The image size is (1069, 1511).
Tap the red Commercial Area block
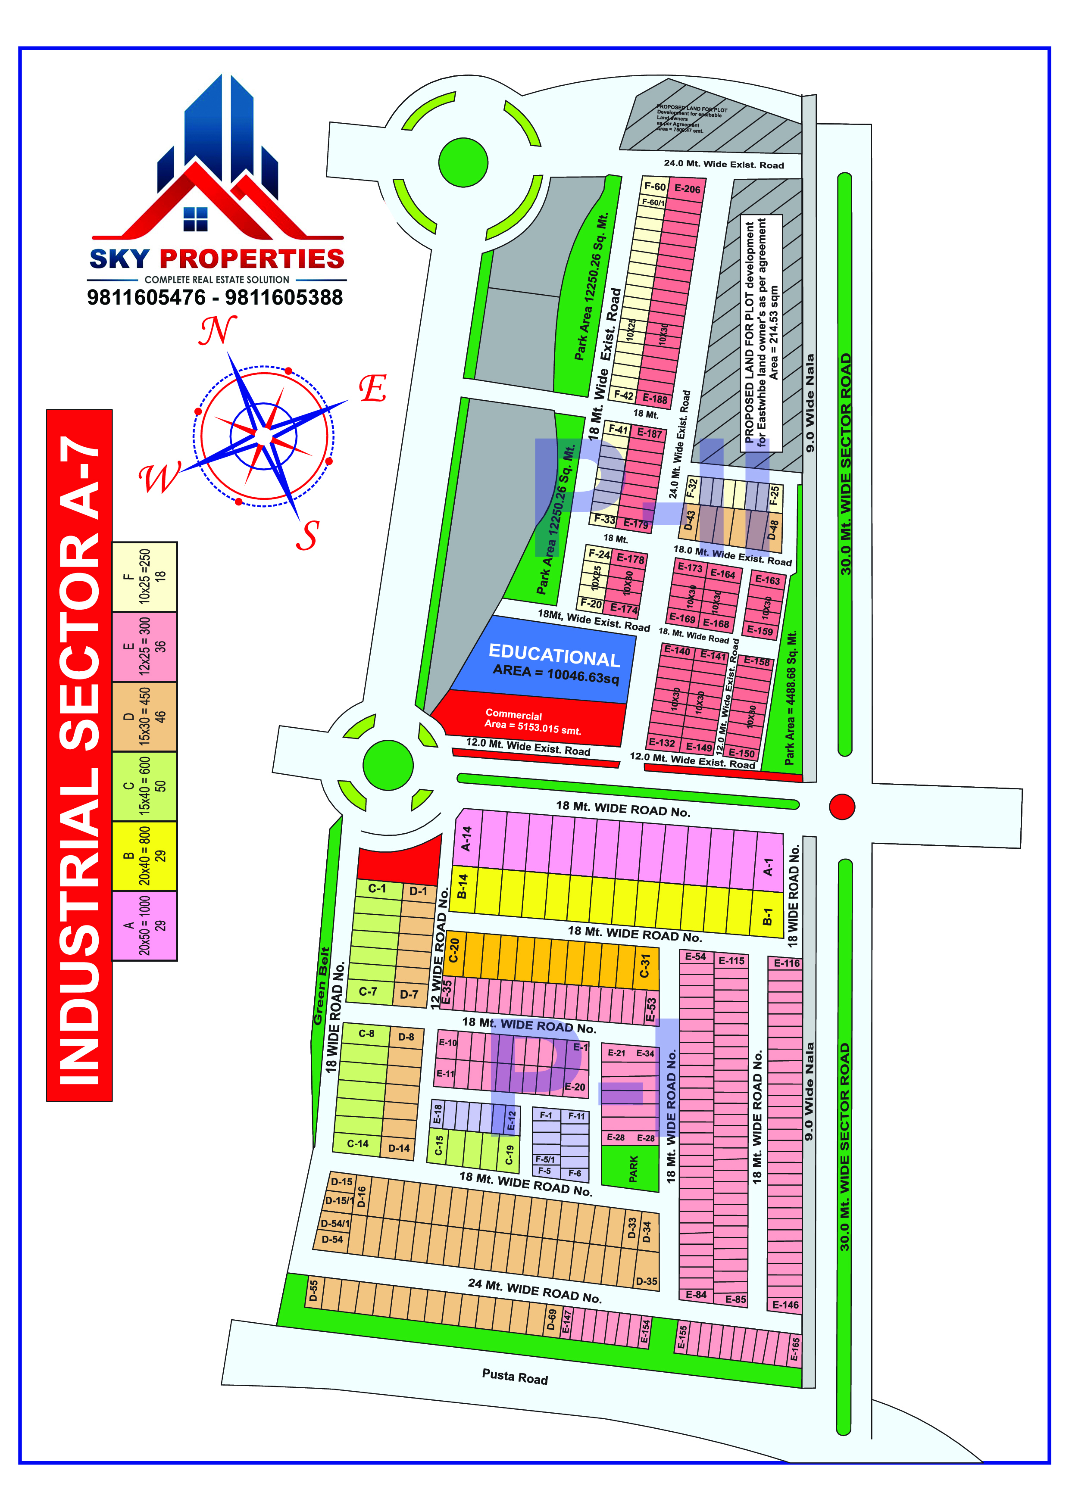[x=533, y=721]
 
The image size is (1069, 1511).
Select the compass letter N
[x=218, y=331]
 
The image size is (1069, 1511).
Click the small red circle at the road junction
[x=842, y=806]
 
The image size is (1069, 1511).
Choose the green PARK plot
[x=632, y=1168]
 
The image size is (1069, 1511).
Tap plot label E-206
[x=687, y=189]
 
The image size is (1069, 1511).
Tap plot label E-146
[x=785, y=1304]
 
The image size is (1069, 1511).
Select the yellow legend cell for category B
[x=145, y=856]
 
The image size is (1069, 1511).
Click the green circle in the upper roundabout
[x=463, y=162]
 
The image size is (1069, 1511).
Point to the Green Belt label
[x=321, y=986]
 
